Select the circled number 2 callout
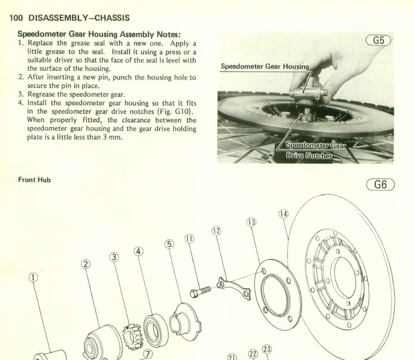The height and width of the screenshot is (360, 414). click(85, 264)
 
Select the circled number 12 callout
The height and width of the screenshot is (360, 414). click(216, 231)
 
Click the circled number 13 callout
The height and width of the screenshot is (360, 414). click(250, 222)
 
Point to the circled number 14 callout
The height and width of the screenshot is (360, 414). click(283, 214)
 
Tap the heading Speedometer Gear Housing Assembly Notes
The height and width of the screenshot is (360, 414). click(99, 34)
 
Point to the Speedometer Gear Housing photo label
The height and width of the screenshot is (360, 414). click(265, 67)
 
